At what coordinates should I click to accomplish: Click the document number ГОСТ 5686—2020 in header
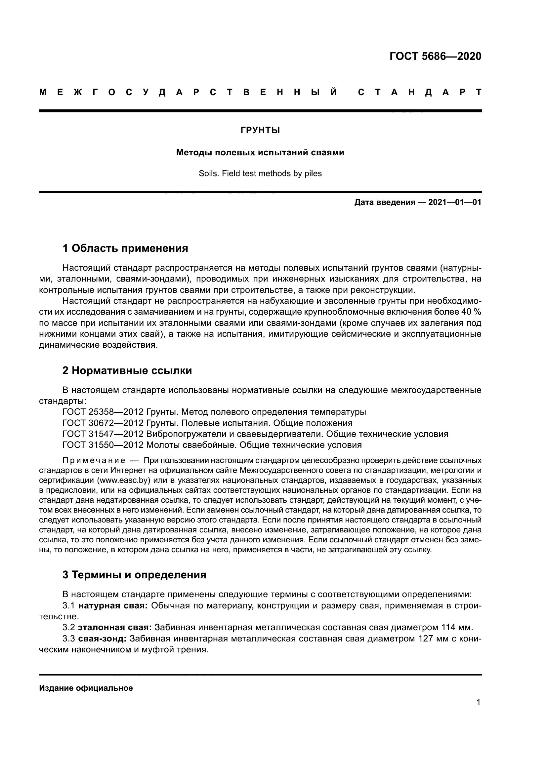(x=435, y=56)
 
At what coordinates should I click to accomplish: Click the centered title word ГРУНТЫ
(x=260, y=131)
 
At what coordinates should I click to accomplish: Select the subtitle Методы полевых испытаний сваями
(x=260, y=152)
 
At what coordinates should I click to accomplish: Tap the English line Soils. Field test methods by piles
(x=260, y=174)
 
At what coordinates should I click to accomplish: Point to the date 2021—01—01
(x=454, y=202)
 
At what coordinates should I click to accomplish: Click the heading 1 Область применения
(x=125, y=249)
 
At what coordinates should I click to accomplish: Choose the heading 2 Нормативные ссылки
(x=127, y=371)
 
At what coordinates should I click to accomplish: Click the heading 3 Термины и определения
(x=134, y=575)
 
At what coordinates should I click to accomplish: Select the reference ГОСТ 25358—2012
(x=103, y=412)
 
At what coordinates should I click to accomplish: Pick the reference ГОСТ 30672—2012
(x=103, y=423)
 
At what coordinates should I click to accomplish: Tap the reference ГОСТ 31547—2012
(x=103, y=434)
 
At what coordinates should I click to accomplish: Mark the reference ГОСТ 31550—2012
(x=103, y=445)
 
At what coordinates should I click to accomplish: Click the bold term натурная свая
(x=113, y=606)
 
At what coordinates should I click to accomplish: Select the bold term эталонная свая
(x=114, y=628)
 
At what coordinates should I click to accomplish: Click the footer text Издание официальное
(x=86, y=688)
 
